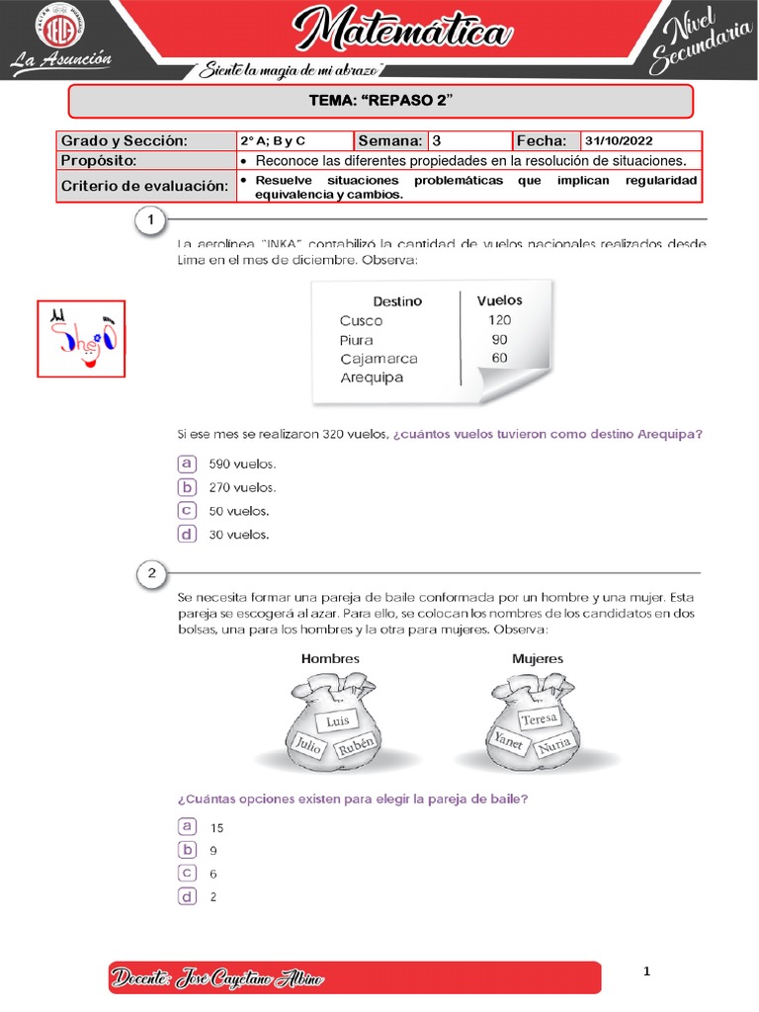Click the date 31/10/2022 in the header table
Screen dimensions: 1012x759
click(619, 141)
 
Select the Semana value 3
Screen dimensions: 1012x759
click(437, 141)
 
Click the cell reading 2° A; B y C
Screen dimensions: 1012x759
click(274, 141)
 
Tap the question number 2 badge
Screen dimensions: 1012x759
click(150, 572)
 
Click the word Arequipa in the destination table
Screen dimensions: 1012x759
click(372, 378)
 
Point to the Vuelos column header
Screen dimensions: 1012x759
click(499, 299)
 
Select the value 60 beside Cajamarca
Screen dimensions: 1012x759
click(499, 358)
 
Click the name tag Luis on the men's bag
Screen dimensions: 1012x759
click(338, 721)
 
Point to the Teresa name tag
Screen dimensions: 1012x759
click(539, 719)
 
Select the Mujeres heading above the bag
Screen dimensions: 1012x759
click(538, 658)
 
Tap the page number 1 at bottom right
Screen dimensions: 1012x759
click(646, 972)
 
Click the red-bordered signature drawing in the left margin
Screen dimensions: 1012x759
click(81, 338)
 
